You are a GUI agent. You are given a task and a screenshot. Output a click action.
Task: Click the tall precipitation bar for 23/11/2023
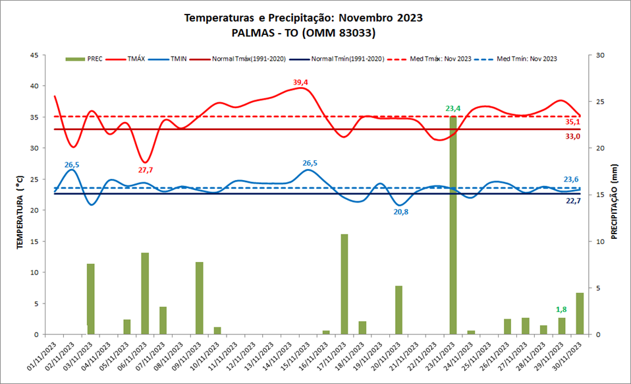point(453,224)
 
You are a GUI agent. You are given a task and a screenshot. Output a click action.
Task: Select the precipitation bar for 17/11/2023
point(344,284)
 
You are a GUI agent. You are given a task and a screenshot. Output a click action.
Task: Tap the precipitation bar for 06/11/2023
point(145,293)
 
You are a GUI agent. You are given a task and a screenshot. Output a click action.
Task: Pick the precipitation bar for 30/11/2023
point(580,313)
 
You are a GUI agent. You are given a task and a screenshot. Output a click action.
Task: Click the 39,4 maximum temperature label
point(301,82)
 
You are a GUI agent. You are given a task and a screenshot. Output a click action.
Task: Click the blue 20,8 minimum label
point(400,212)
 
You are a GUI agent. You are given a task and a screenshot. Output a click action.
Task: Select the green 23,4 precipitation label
point(453,109)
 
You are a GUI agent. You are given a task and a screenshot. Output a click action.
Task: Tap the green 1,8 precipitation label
point(561,309)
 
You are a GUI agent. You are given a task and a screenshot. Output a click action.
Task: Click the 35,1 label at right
point(572,122)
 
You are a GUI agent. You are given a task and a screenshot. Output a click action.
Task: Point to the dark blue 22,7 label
point(572,201)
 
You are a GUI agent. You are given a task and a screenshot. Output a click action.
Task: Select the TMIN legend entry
point(178,59)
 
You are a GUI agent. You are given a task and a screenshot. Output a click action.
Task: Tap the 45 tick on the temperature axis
point(34,55)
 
